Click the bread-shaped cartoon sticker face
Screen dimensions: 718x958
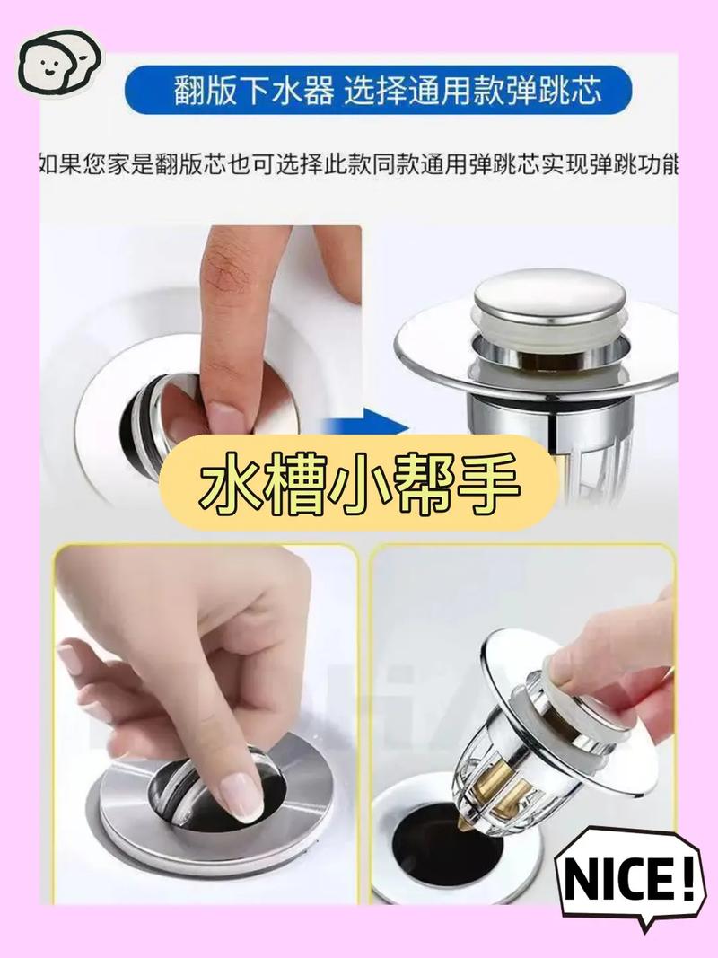pos(58,62)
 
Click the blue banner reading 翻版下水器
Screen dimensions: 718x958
pos(377,91)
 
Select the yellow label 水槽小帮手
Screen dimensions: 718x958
pos(359,483)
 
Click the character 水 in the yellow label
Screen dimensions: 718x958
pos(230,482)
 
